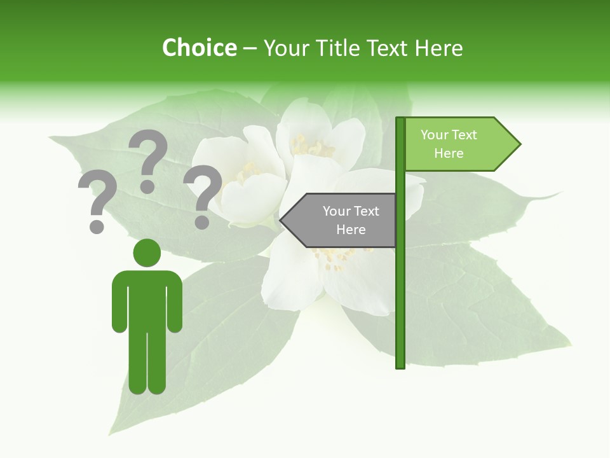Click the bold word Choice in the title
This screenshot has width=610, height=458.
pyautogui.click(x=199, y=48)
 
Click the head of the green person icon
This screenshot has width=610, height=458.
pyautogui.click(x=147, y=253)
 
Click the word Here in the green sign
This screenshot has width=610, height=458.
pyautogui.click(x=449, y=153)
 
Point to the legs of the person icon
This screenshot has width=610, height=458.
pyautogui.click(x=147, y=363)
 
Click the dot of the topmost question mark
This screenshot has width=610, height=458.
pyautogui.click(x=147, y=187)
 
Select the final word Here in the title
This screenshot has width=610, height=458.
pyautogui.click(x=438, y=48)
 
